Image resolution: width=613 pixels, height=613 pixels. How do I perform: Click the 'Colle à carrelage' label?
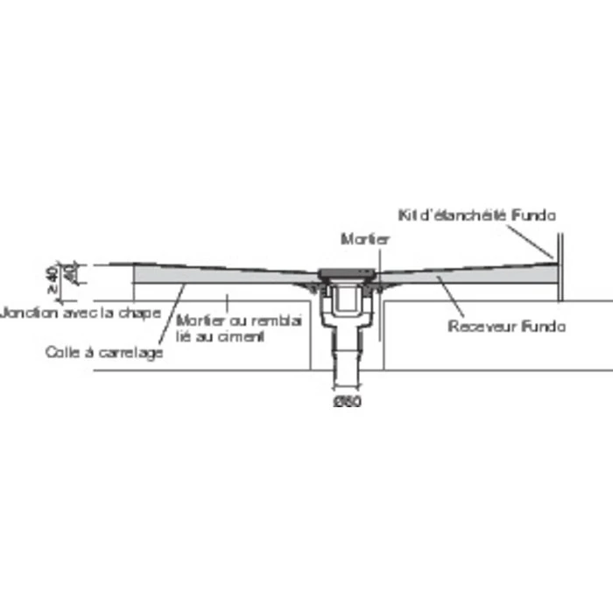pyautogui.click(x=105, y=353)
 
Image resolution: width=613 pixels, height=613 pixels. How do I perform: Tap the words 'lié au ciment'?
pyautogui.click(x=227, y=335)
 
